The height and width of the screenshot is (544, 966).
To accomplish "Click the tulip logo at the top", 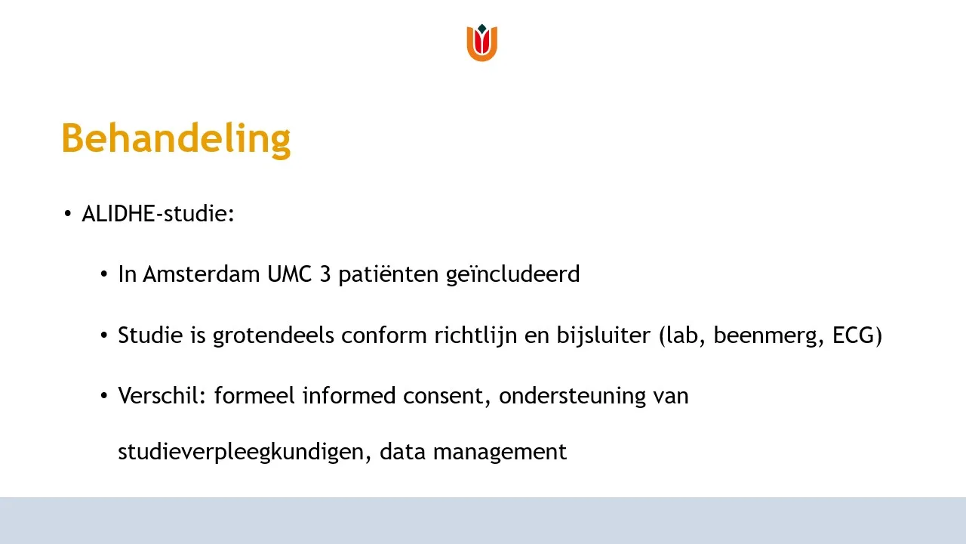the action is [x=481, y=42].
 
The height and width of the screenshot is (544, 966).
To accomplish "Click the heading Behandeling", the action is [x=177, y=139].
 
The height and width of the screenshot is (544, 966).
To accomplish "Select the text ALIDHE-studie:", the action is [x=158, y=214].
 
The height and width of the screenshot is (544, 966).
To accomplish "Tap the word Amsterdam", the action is [x=201, y=274].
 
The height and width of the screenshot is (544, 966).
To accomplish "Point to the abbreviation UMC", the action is [x=289, y=274].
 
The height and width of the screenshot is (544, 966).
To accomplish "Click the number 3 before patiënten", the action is [x=325, y=274].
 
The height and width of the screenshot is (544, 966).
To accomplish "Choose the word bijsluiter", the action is [x=603, y=335].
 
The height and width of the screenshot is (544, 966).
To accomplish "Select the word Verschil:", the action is [x=162, y=396].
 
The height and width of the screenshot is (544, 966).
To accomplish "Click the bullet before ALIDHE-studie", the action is [x=67, y=214].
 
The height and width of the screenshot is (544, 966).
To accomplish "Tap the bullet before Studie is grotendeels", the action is [x=103, y=335].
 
